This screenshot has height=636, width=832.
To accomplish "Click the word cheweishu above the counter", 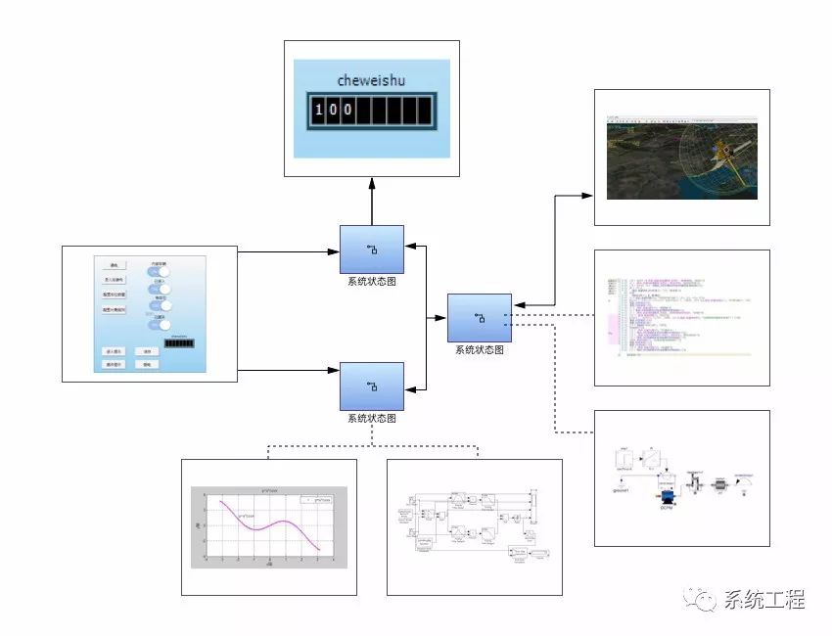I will pos(371,80).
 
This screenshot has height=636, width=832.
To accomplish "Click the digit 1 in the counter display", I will pos(319,110).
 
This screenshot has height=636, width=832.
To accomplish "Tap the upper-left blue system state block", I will pos(371,250).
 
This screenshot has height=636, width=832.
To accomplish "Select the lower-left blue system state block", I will pos(371,386).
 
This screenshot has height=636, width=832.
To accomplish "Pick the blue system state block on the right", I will pos(480,318).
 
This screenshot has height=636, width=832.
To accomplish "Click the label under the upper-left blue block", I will pos(371,282).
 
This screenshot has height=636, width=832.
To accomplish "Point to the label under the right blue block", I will pos(480,350).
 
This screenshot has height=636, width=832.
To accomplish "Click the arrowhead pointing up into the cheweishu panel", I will pos(371,183).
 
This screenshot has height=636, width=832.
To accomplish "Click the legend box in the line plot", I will pos(319,499).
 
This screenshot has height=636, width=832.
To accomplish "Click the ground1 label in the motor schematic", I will pos(620,490).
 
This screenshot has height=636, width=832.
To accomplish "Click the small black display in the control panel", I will pos(179,344).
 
